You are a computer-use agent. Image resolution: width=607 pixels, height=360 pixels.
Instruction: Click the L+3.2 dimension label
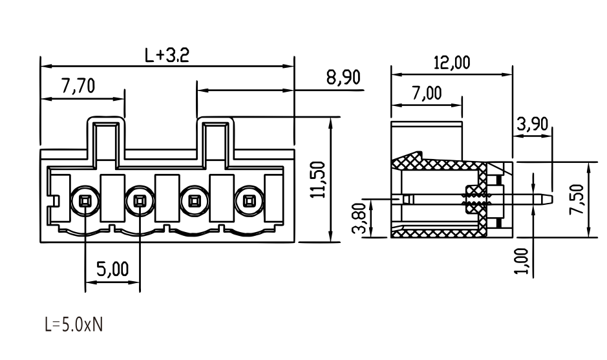(x=167, y=56)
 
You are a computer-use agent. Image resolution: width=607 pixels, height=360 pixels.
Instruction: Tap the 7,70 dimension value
(x=78, y=85)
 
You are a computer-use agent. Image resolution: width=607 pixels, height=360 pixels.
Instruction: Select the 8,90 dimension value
(x=343, y=78)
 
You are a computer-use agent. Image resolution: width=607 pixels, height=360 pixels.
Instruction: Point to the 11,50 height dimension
(x=319, y=180)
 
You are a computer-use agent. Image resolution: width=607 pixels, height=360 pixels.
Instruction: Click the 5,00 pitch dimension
(x=112, y=269)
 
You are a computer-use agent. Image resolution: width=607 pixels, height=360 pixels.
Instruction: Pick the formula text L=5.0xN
(x=74, y=324)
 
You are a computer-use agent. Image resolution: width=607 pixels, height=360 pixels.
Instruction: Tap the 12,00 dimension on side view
(x=452, y=62)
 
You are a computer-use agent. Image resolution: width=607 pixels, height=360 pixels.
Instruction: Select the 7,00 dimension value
(x=426, y=93)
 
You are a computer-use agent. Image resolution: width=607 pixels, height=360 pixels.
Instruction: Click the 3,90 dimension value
(x=533, y=124)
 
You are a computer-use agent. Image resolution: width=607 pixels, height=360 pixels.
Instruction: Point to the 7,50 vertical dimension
(x=577, y=199)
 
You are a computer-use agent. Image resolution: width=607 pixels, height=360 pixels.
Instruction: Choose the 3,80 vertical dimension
(x=359, y=218)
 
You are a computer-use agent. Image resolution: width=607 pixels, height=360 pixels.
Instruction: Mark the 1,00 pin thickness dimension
(x=521, y=261)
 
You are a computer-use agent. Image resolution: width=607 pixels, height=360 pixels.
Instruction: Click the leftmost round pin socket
(x=85, y=201)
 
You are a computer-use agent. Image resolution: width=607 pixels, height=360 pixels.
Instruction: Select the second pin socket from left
(x=140, y=201)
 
